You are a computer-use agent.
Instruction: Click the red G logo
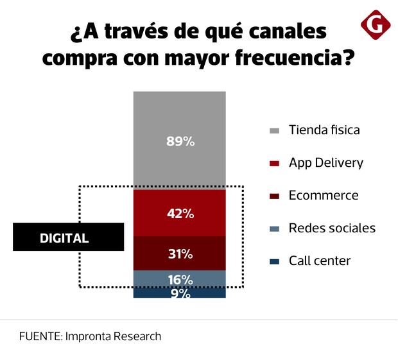(x=376, y=24)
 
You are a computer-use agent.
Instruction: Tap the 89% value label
(x=180, y=141)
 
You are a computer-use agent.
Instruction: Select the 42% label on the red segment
(x=180, y=214)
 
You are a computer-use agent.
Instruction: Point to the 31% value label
(x=180, y=253)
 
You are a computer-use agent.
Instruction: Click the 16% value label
(x=180, y=279)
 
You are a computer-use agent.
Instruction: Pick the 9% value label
(x=180, y=293)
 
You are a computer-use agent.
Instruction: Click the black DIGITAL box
(x=68, y=237)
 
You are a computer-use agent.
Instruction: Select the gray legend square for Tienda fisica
(x=274, y=130)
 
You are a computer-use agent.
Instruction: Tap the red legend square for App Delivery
(x=274, y=163)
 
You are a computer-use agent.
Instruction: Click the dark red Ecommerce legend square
(x=274, y=196)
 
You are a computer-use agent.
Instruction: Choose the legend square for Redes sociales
(x=274, y=228)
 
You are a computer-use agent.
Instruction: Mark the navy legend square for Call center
(x=274, y=261)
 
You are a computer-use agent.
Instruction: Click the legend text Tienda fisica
(x=324, y=130)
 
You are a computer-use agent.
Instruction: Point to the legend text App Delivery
(x=325, y=163)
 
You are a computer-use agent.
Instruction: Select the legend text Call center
(x=320, y=261)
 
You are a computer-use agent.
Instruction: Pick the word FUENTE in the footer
(x=40, y=336)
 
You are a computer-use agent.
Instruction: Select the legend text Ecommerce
(x=324, y=195)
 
